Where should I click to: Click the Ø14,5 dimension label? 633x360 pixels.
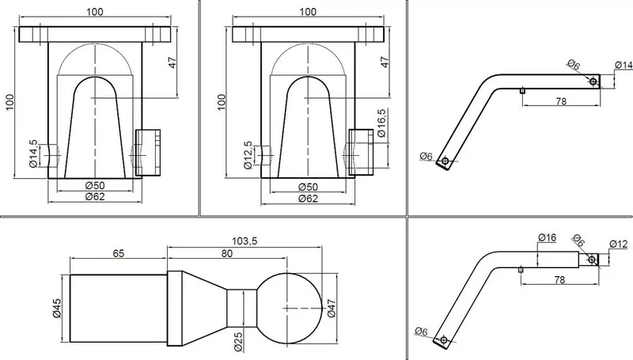click(33, 153)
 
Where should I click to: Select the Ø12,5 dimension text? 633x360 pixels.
click(248, 155)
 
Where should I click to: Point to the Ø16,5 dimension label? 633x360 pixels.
click(381, 123)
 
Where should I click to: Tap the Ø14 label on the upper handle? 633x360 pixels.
click(624, 65)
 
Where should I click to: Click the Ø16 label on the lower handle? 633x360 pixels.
click(547, 237)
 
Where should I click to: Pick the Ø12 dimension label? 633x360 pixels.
click(619, 244)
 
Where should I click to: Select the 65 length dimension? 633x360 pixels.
click(119, 253)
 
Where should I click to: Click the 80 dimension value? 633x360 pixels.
click(227, 253)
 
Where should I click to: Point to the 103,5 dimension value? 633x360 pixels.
click(244, 241)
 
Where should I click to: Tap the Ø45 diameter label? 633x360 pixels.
click(57, 308)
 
